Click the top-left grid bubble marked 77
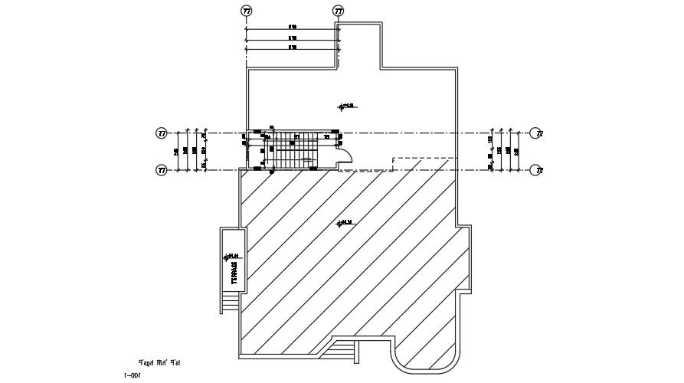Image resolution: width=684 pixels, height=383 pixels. tap(246, 11)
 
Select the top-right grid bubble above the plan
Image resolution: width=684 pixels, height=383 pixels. tap(338, 11)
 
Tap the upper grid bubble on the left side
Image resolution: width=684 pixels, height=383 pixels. tap(162, 133)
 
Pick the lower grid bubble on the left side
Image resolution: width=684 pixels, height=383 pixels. tap(162, 170)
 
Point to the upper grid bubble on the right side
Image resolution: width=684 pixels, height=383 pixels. tap(536, 133)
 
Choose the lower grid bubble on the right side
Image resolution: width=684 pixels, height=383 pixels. tap(536, 170)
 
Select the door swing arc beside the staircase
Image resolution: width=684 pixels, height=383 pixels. tap(345, 156)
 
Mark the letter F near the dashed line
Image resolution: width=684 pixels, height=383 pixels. tap(393, 160)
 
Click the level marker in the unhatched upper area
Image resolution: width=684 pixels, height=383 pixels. tap(345, 106)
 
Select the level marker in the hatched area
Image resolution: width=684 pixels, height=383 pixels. tap(345, 224)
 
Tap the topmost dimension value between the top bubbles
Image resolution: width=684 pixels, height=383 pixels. tap(293, 27)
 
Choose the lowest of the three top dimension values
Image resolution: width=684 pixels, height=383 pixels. tap(293, 47)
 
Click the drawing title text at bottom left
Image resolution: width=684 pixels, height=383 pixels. tap(159, 362)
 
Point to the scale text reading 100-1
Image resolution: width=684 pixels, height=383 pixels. tap(133, 375)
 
